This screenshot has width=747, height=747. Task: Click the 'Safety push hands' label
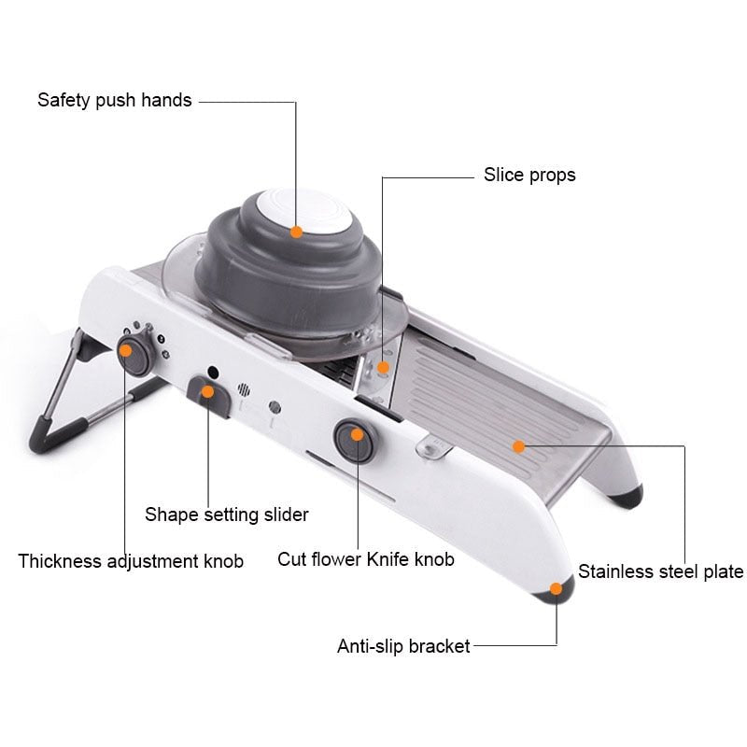114,100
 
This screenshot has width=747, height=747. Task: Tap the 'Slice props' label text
529,175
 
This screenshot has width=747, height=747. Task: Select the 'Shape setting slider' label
226,514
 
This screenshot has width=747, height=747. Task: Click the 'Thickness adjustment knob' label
131,561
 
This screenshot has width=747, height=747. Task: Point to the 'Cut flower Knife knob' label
366,559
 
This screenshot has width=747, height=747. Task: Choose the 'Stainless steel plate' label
660,571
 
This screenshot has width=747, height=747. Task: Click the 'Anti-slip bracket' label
403,645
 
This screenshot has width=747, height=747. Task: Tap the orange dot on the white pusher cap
296,232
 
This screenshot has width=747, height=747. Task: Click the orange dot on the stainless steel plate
518,446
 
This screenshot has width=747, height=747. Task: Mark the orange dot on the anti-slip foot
557,588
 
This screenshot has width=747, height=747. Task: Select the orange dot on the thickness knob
125,351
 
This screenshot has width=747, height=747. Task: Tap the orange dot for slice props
382,367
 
